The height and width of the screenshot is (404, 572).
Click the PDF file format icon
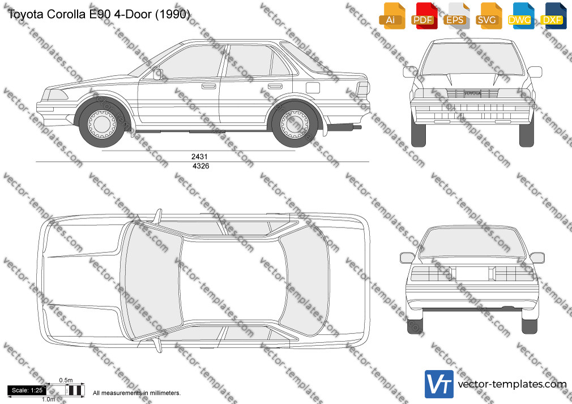pos(423,16)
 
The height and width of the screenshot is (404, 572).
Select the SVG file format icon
pos(488,16)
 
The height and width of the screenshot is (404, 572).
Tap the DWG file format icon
pos(520,16)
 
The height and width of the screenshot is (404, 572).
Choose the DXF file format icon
pos(553,16)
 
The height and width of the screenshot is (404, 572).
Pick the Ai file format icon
pos(391,16)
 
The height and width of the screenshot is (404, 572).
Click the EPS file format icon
pos(456,16)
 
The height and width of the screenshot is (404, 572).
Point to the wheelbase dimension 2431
pos(199,156)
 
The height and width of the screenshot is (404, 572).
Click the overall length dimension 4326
pos(200,166)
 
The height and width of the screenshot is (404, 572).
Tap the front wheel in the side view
pos(102,123)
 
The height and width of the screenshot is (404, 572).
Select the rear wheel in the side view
pos(294,124)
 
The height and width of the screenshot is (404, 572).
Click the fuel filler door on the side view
pos(313,88)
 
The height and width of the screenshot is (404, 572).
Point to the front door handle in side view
pos(209,87)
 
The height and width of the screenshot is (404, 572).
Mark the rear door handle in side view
pos(275,87)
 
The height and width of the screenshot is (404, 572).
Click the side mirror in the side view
pos(157,74)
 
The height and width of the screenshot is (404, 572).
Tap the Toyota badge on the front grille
pos(472,93)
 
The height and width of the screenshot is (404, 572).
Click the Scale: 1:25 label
pos(27,390)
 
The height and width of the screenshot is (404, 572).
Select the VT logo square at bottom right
pos(439,384)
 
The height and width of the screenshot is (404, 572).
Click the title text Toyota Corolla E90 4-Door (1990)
pos(99,14)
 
